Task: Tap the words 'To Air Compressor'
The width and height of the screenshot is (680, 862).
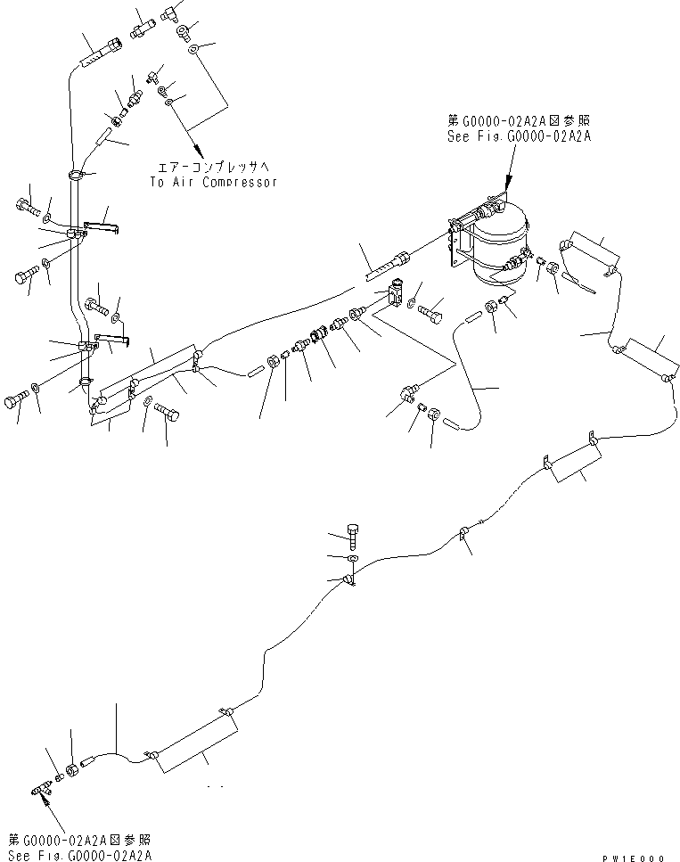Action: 214,182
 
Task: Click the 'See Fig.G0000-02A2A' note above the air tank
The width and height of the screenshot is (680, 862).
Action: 520,136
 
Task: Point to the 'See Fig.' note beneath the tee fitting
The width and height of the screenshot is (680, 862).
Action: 79,853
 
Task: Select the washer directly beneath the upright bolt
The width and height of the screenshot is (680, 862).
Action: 354,560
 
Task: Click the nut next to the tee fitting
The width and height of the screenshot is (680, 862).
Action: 70,769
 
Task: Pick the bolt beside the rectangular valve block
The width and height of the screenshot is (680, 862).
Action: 432,314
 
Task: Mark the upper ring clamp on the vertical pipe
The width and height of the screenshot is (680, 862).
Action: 79,176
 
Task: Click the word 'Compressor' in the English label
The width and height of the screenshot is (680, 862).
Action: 239,182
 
